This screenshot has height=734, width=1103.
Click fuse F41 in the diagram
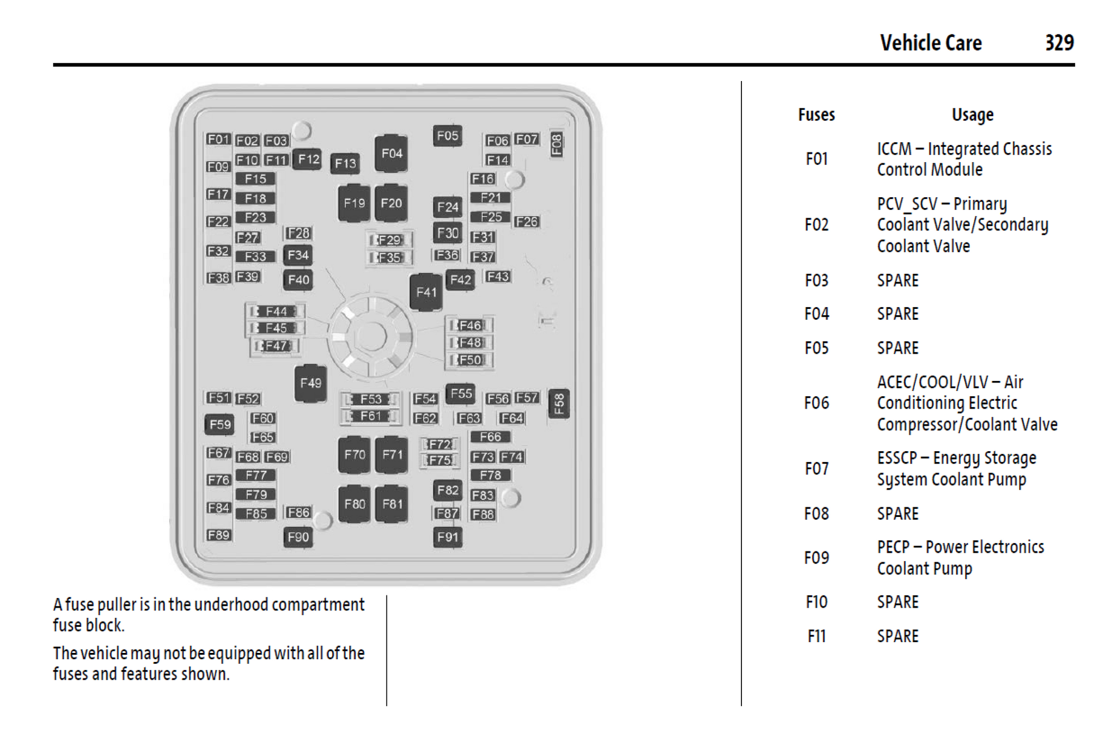pos(426,292)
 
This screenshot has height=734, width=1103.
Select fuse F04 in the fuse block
pos(391,153)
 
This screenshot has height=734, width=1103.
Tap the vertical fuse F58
pos(559,404)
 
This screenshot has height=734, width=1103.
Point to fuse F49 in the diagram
pos(311,383)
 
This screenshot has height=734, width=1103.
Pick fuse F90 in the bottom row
pos(298,537)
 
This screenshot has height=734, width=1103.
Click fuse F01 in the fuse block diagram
pos(218,139)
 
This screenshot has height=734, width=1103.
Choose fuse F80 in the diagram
pos(354,504)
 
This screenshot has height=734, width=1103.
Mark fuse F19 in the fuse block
pos(354,203)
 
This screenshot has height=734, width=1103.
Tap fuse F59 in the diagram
pos(220,425)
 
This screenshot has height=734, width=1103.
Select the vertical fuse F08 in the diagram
pos(557,145)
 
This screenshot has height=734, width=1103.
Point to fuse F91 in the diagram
pos(448,537)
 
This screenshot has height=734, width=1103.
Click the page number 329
pos(1059,43)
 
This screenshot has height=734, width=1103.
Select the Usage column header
pos(972,115)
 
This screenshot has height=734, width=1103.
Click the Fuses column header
pos(816,115)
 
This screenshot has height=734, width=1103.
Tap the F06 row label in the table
pos(816,403)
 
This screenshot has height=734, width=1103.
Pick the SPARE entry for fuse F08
pos(898,514)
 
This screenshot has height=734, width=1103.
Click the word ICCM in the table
pos(894,149)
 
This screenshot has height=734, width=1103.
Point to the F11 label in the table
pos(816,636)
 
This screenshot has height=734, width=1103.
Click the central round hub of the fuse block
pos(371,337)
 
